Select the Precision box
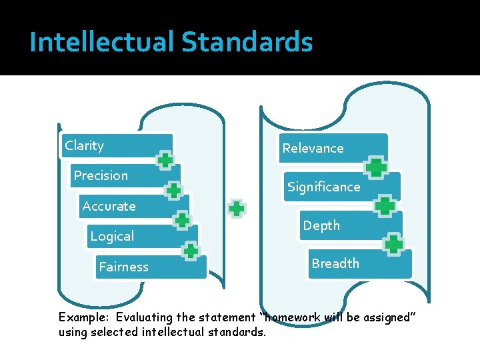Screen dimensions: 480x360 coord(123,176)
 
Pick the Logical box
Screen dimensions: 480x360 coord(142,237)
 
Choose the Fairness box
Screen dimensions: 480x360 coord(149,267)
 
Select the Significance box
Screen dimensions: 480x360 coord(342,187)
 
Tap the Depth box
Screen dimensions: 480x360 coord(352,225)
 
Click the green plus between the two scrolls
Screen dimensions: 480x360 coord(236,209)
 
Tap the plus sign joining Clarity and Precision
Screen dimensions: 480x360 coord(165,160)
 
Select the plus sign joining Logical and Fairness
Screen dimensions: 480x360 coord(191,251)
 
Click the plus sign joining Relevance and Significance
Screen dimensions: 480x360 coord(377,167)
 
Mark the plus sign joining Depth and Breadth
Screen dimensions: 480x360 coord(394,244)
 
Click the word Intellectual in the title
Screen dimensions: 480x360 coord(102,43)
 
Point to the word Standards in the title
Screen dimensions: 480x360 coord(247,43)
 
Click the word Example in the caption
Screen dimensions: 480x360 coord(84,318)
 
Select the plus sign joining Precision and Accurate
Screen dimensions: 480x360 coord(173,190)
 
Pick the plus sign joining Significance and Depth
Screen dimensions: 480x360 coord(385,206)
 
